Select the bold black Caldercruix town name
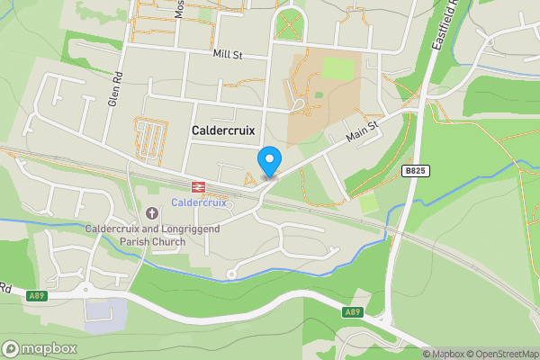[x=223, y=130]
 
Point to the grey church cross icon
[x=150, y=214]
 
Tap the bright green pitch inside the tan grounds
[x=338, y=68]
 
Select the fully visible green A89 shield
[x=352, y=311]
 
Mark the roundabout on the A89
[x=86, y=289]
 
